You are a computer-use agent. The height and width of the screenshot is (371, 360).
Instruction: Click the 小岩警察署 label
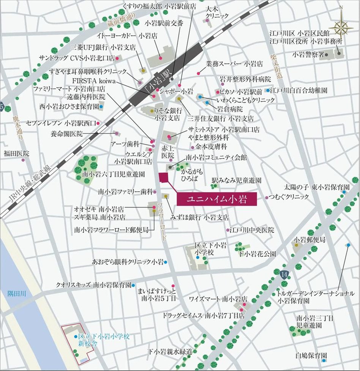308,55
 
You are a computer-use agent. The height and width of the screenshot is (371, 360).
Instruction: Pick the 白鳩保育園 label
311,356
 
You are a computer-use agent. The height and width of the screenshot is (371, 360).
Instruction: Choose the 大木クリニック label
217,13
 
